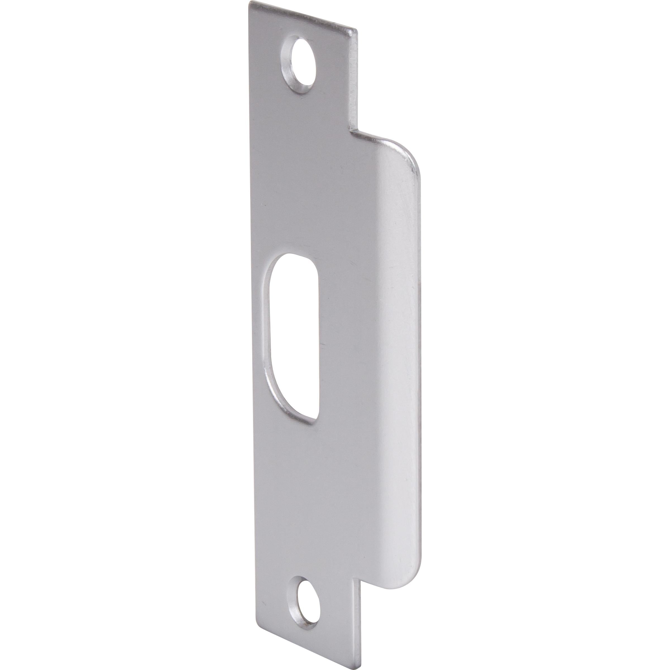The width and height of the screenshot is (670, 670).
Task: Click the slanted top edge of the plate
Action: [302, 16]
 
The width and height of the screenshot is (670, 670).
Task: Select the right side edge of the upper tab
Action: [355, 80]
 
